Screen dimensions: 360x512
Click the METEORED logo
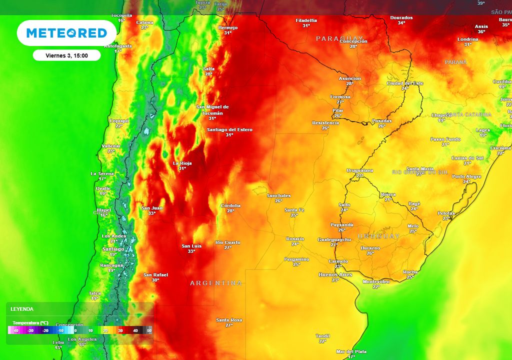(66, 33)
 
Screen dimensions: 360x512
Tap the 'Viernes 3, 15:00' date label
(66, 55)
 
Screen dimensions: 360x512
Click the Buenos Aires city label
(335, 274)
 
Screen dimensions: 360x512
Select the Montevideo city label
(376, 281)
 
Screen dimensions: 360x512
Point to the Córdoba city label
(230, 205)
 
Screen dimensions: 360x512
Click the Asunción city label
(349, 78)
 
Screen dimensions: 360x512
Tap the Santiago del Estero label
(229, 129)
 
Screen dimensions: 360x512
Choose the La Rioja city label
(182, 163)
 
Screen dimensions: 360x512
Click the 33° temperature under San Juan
(151, 213)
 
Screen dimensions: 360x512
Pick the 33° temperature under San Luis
(191, 251)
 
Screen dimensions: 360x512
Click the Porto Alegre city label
(466, 176)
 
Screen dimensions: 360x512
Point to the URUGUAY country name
(378, 236)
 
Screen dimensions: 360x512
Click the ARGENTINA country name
(216, 283)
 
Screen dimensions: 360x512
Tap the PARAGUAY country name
(339, 38)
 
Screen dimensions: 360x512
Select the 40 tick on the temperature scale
(134, 330)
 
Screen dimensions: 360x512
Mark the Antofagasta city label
(118, 45)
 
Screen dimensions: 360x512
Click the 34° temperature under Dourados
(401, 23)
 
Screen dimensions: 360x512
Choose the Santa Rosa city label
(229, 319)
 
